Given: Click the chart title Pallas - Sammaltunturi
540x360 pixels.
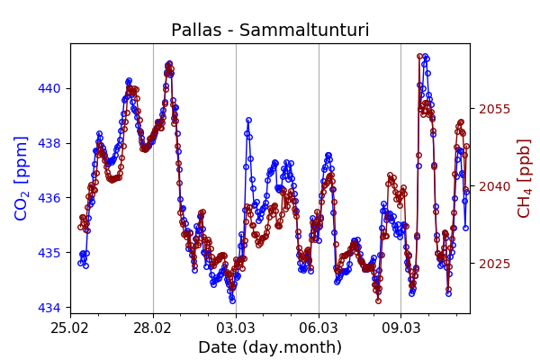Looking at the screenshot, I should (x=270, y=31).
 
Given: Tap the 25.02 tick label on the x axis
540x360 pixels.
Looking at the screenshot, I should (x=70, y=326).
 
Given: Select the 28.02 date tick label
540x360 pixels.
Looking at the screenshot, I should (x=153, y=326).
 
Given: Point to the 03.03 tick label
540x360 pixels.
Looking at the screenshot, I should (x=236, y=326).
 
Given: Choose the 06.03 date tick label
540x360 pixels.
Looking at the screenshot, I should (x=319, y=326).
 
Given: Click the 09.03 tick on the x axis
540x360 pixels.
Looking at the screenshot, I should (x=401, y=326).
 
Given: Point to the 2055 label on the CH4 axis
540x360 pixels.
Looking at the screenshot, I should (x=494, y=109).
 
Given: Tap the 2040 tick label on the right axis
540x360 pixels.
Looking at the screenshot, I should (x=494, y=186).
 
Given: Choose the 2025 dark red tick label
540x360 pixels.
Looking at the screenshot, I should (x=494, y=264).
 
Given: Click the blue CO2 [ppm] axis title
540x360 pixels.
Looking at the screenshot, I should (x=22, y=178).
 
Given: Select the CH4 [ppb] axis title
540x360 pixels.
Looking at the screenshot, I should (x=525, y=178).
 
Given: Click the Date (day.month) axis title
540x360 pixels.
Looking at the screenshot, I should (x=270, y=347).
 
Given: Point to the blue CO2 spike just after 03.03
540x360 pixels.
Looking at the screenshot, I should (x=248, y=120).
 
